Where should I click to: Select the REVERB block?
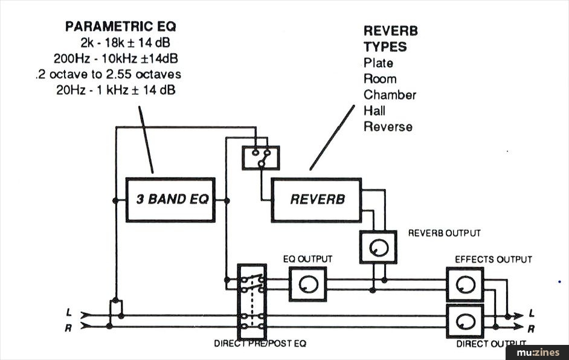[x=317, y=199]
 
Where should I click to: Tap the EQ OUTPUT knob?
[x=307, y=284]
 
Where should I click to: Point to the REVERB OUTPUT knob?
[x=378, y=246]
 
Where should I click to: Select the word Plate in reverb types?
[x=378, y=63]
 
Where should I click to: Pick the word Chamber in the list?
[x=390, y=95]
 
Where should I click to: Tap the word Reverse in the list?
[x=388, y=127]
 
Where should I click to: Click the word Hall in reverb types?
[x=375, y=111]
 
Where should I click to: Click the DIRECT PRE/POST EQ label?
[x=260, y=344]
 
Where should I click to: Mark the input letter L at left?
[x=70, y=313]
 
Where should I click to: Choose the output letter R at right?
[x=531, y=329]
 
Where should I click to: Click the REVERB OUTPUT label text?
[x=445, y=233]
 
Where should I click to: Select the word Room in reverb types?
[x=380, y=79]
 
